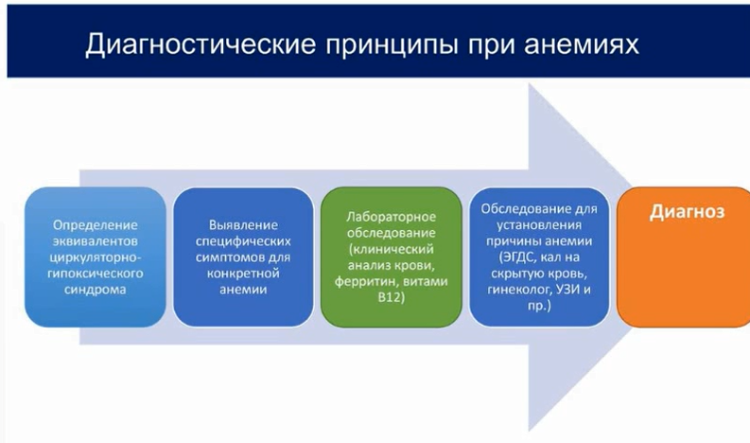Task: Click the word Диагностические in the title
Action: (201, 44)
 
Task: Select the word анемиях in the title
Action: (582, 44)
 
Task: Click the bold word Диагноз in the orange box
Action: (687, 212)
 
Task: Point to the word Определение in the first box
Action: (96, 225)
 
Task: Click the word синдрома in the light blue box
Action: (96, 290)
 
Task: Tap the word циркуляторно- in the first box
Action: (96, 257)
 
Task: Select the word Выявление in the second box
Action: (243, 225)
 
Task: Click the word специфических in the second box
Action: (243, 240)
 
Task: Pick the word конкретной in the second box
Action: (243, 273)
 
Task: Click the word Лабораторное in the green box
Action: (391, 217)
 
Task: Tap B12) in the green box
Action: (391, 297)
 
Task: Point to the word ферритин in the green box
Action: (366, 281)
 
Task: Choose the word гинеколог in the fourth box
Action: (519, 290)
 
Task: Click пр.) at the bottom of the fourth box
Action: (539, 306)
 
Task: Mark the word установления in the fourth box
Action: (539, 225)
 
